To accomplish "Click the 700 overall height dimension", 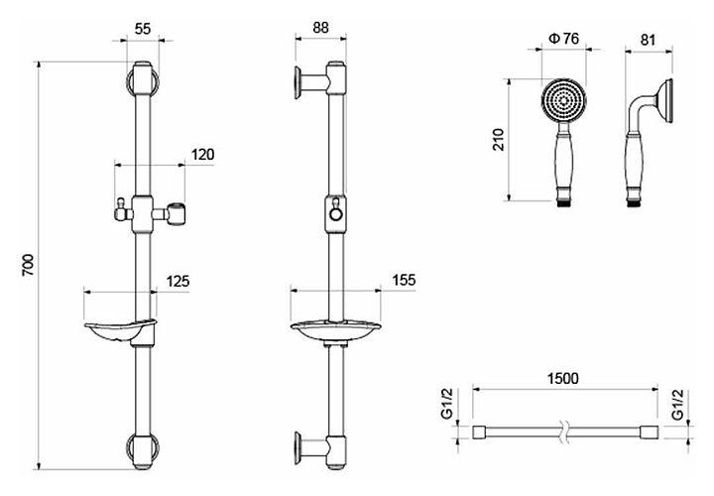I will pyautogui.click(x=28, y=265).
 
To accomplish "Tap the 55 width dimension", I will pyautogui.click(x=142, y=30).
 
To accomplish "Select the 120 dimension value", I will pyautogui.click(x=203, y=154).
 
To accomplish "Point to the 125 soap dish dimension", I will pyautogui.click(x=177, y=282).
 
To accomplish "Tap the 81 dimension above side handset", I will pyautogui.click(x=651, y=39).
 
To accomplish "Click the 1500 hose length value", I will pyautogui.click(x=561, y=379).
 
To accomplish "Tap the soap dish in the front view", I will pyautogui.click(x=120, y=330).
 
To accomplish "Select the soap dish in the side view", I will pyautogui.click(x=337, y=329).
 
